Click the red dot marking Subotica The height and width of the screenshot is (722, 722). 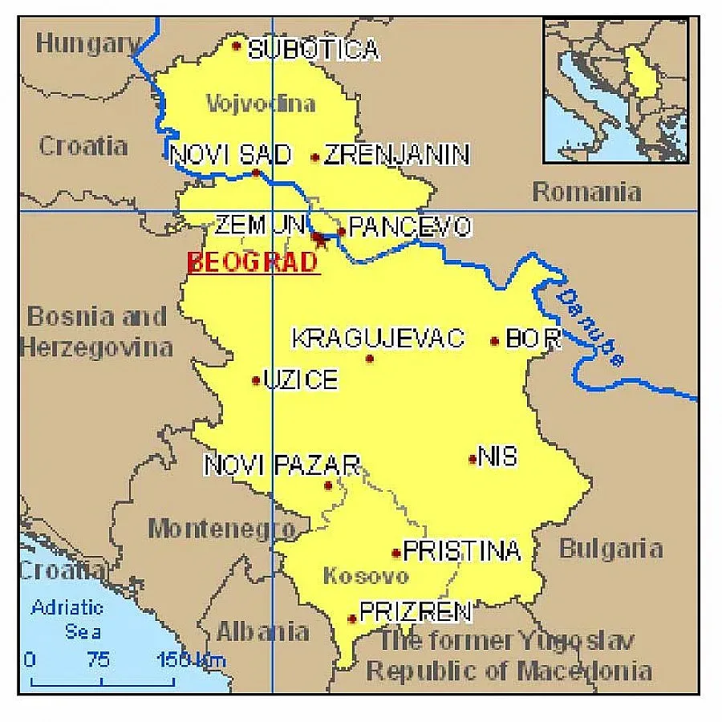coord(236,45)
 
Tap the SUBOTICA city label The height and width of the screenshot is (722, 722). coord(313,50)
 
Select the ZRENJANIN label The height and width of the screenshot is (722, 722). coord(396,155)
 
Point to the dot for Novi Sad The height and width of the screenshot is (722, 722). coord(256,172)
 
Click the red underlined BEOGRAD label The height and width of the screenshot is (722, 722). coord(253,262)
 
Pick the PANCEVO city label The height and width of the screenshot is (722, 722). coord(409,228)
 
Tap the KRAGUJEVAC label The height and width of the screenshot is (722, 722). coord(377,339)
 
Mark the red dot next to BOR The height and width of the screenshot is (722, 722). coord(494,341)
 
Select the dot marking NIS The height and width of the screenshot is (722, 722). coord(473,459)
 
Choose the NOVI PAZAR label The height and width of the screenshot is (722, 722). coord(282,465)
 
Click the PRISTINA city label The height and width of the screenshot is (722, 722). coord(461,551)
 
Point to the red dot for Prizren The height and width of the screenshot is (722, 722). coord(351,619)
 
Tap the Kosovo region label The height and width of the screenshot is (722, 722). coord(365,576)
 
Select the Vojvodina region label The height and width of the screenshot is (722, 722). coord(261,103)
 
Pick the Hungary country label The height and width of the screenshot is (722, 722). coord(87,43)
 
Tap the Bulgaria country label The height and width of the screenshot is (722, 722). coord(610,549)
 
